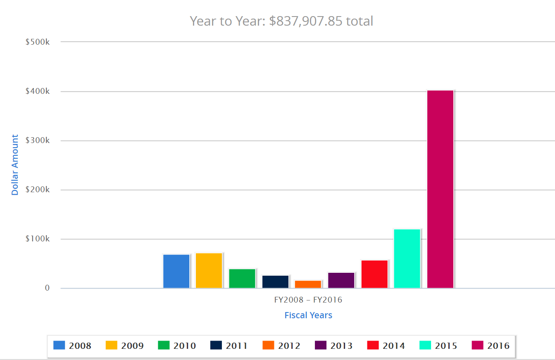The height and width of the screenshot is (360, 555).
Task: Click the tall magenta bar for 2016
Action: [440, 189]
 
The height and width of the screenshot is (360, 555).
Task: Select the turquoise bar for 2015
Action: [407, 259]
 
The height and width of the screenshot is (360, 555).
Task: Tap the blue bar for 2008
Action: [176, 271]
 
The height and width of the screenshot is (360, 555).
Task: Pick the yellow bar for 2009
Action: [209, 271]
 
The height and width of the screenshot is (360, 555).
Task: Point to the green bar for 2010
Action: [242, 279]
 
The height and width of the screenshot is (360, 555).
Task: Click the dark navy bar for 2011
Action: [275, 282]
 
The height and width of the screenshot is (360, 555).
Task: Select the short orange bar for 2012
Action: [308, 284]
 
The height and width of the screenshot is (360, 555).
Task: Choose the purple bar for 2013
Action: [341, 280]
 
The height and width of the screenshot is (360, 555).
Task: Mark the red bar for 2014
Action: [374, 274]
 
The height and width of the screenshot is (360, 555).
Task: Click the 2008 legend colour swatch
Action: [59, 346]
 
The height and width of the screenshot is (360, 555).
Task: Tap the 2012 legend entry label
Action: [289, 346]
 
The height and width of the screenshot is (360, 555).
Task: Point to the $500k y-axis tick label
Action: [38, 42]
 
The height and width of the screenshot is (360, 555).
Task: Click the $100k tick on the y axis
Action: [38, 239]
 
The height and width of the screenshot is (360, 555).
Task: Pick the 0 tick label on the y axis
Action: [47, 288]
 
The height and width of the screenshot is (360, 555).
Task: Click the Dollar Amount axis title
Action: [15, 165]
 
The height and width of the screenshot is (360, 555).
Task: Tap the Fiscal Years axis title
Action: [308, 315]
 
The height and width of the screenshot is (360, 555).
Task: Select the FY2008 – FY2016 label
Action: [308, 300]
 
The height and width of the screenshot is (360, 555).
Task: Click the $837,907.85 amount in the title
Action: [306, 21]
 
